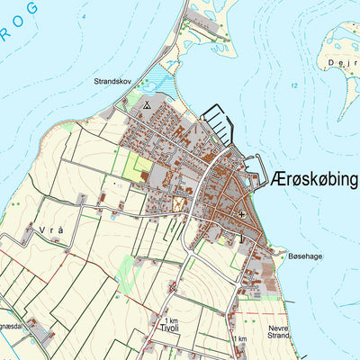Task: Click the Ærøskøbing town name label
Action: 313,180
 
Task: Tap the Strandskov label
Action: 112,81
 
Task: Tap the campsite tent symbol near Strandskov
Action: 146,104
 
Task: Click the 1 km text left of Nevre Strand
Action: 238,339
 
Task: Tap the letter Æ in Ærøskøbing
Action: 278,180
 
